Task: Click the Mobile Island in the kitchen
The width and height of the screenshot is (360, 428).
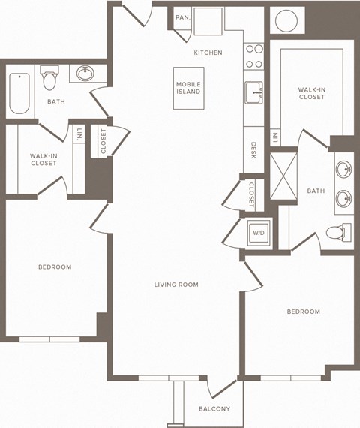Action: tap(189, 89)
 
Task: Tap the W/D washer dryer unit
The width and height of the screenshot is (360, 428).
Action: tap(258, 233)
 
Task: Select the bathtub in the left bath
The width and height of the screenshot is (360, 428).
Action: tap(19, 92)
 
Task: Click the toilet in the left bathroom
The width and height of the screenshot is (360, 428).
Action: tap(50, 79)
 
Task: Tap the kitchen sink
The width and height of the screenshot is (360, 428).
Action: tap(253, 92)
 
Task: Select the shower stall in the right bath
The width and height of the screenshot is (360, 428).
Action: tap(283, 175)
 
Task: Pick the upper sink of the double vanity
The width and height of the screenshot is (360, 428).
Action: tap(344, 168)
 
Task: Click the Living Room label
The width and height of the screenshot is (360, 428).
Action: tap(176, 285)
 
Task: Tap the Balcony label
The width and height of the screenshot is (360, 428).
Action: tap(214, 409)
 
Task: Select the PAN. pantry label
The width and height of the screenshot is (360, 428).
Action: tap(181, 17)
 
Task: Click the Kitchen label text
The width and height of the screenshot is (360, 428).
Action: tap(208, 53)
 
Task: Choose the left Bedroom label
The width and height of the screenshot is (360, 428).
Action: tap(55, 267)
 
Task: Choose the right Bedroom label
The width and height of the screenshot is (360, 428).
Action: tap(304, 312)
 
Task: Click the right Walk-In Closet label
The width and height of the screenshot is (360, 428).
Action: tap(310, 92)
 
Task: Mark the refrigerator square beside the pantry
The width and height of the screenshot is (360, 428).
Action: tap(208, 21)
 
